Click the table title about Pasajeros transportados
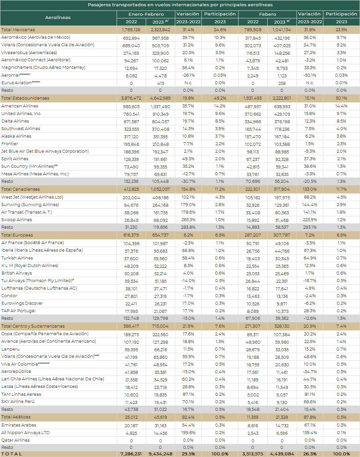coord(180,5)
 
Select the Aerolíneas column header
coord(58,18)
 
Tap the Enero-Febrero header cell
coord(146,14)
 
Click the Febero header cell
coord(268,14)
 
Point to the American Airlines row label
coord(20,106)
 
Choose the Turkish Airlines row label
coord(17,258)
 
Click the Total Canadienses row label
coord(21,189)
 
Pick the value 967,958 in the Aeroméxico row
coord(161,38)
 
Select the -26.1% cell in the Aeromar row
coord(188,75)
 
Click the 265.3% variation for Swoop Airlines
coord(188,220)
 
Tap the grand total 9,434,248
coord(161,454)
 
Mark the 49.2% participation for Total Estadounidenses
coord(220,98)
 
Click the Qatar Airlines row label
coord(15,440)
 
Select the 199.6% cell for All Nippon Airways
coord(188,433)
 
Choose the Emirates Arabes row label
coord(19,425)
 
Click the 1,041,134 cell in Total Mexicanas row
coord(282,30)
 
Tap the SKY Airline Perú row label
coord(18,402)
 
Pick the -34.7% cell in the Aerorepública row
coord(310,372)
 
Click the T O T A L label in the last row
coord(12,454)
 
